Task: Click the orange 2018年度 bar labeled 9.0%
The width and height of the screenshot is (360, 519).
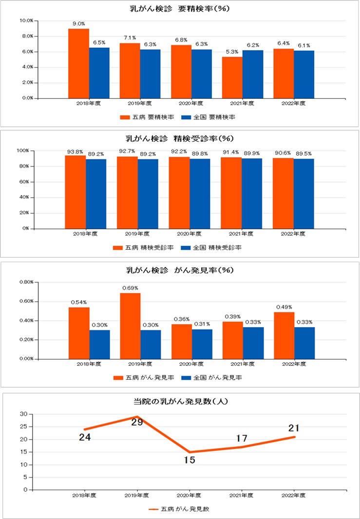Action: tap(78, 63)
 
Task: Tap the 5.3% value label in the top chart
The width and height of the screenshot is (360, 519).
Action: tap(232, 52)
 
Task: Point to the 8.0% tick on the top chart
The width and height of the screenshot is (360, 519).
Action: tap(26, 36)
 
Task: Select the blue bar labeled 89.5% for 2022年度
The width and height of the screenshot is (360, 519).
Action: tap(303, 193)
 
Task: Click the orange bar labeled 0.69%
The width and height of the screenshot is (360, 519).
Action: tap(130, 326)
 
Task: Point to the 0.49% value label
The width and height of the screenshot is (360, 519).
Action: tap(284, 307)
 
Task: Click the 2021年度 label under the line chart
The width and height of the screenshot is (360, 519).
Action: tap(242, 495)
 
